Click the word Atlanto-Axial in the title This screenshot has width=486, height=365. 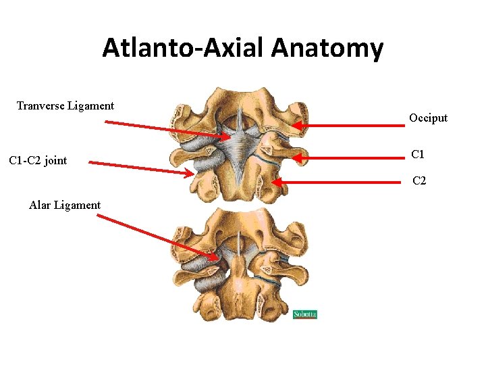pyautogui.click(x=184, y=49)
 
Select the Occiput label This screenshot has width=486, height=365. pyautogui.click(x=428, y=118)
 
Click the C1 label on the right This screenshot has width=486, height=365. pyautogui.click(x=418, y=155)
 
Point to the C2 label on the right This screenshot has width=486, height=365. pyautogui.click(x=419, y=181)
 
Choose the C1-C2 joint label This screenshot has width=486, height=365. pyautogui.click(x=38, y=161)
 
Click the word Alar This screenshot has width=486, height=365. pyautogui.click(x=40, y=205)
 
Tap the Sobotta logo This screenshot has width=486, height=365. pyautogui.click(x=304, y=314)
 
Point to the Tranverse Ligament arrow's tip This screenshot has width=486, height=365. pyautogui.click(x=230, y=137)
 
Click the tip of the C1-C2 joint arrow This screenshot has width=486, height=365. pyautogui.click(x=193, y=174)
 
